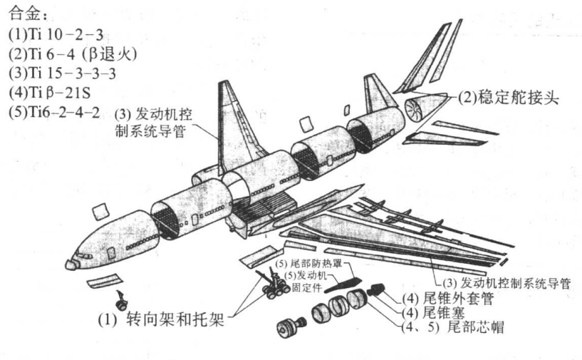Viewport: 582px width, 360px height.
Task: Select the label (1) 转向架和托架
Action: pyautogui.click(x=160, y=320)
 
